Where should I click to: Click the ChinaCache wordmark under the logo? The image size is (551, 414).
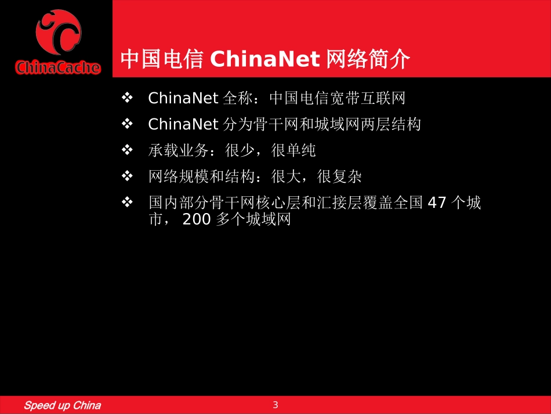(57, 68)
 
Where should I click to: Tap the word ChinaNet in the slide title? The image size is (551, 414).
(263, 59)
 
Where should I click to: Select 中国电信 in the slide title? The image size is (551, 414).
(161, 59)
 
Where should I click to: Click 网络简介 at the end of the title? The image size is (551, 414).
(368, 59)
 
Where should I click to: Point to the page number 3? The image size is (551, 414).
(275, 405)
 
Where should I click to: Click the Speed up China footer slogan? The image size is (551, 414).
(62, 405)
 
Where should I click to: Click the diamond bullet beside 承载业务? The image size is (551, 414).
(128, 150)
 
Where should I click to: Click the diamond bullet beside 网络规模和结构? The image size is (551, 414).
(128, 176)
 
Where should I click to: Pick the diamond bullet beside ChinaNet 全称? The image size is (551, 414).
(128, 98)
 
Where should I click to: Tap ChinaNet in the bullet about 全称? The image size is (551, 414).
(183, 98)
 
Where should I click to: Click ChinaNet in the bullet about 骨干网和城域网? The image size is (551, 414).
(183, 124)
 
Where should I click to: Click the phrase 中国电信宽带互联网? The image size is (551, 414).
(337, 98)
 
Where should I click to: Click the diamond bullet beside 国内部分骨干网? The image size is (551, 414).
(128, 203)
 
